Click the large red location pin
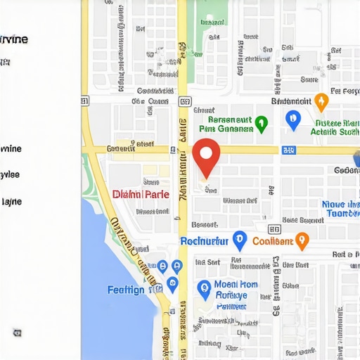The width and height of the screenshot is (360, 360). [206, 156]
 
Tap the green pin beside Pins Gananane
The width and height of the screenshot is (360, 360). [261, 124]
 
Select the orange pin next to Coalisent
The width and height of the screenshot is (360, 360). [302, 240]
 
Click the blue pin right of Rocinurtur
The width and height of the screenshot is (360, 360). [239, 240]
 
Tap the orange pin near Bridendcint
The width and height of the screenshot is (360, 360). [321, 101]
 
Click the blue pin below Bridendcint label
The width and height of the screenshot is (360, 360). [293, 120]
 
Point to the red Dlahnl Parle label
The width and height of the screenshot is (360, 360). [141, 193]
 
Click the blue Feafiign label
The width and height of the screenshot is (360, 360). [126, 290]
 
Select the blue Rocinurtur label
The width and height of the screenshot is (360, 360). [205, 241]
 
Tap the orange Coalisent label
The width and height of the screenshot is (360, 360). [272, 241]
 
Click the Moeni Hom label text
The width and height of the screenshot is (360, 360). [235, 285]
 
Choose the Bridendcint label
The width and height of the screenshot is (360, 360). [285, 101]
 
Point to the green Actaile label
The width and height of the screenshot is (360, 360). [335, 131]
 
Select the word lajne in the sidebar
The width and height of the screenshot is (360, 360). [12, 202]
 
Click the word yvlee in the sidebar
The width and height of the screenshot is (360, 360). [10, 174]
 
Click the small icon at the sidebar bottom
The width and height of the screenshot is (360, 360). [15, 331]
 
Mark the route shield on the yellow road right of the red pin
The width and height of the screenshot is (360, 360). [288, 150]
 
